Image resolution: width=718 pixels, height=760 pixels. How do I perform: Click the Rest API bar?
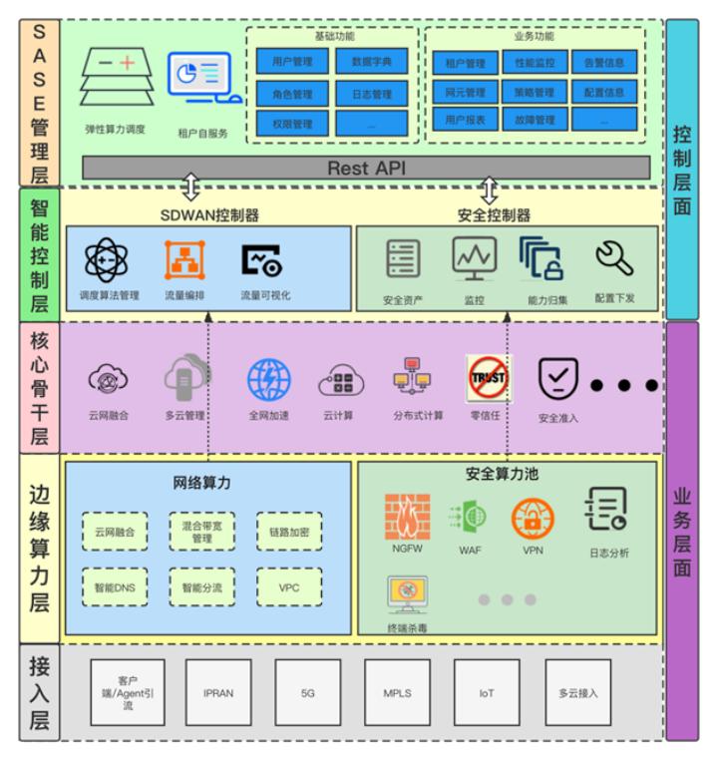click(366, 169)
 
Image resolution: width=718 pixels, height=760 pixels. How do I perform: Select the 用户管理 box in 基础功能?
click(291, 62)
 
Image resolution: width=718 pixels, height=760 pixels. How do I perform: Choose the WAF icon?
click(470, 518)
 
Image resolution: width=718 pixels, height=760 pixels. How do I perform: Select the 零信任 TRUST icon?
click(488, 379)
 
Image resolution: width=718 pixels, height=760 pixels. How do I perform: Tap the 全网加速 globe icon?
click(269, 380)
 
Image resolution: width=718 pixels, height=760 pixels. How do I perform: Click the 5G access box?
click(307, 692)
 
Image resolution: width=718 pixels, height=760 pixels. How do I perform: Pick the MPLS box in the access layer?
click(397, 692)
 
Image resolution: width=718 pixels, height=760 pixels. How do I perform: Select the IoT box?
click(486, 692)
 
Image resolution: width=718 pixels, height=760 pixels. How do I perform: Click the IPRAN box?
click(217, 692)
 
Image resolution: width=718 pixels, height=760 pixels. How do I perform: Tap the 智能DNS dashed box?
click(115, 587)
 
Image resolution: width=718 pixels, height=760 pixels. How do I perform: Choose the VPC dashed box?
click(289, 587)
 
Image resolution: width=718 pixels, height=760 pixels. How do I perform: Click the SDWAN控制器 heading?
click(209, 215)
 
